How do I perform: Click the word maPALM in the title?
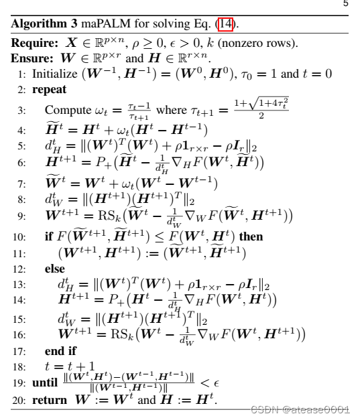pyautogui.click(x=99, y=25)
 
